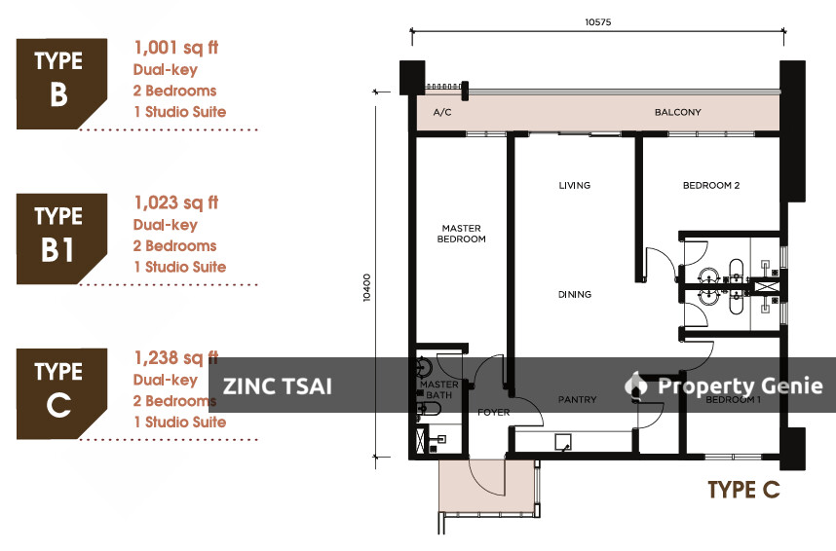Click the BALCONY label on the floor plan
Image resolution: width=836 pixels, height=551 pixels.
[x=677, y=112]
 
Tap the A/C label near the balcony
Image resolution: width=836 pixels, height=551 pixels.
[x=442, y=112]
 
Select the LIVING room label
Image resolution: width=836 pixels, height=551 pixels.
[x=574, y=185]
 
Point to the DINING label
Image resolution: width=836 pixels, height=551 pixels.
[x=574, y=294]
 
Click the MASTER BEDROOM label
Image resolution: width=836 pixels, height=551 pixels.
[x=461, y=234]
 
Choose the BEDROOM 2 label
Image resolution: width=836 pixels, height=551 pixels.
[x=711, y=185]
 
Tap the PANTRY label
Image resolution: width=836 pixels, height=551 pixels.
[x=577, y=399]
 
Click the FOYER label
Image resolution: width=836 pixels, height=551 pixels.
[x=493, y=412]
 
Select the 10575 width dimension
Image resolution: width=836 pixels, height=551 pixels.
[x=597, y=22]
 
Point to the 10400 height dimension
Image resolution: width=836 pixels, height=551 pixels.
[x=366, y=288]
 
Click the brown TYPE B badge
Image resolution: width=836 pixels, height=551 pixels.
[x=61, y=84]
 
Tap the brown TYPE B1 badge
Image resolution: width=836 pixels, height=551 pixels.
[x=61, y=239]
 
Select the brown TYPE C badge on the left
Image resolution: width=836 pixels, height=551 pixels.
[x=61, y=394]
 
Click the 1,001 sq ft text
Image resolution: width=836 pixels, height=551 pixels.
[x=176, y=48]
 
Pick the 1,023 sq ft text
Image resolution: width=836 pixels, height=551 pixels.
[x=176, y=203]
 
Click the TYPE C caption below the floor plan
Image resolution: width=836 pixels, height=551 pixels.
[x=743, y=490]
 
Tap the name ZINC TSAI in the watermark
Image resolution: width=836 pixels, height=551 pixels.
[x=278, y=386]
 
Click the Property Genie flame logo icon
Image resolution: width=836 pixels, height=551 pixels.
[x=635, y=385]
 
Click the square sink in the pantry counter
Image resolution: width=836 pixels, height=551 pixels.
[x=563, y=442]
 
